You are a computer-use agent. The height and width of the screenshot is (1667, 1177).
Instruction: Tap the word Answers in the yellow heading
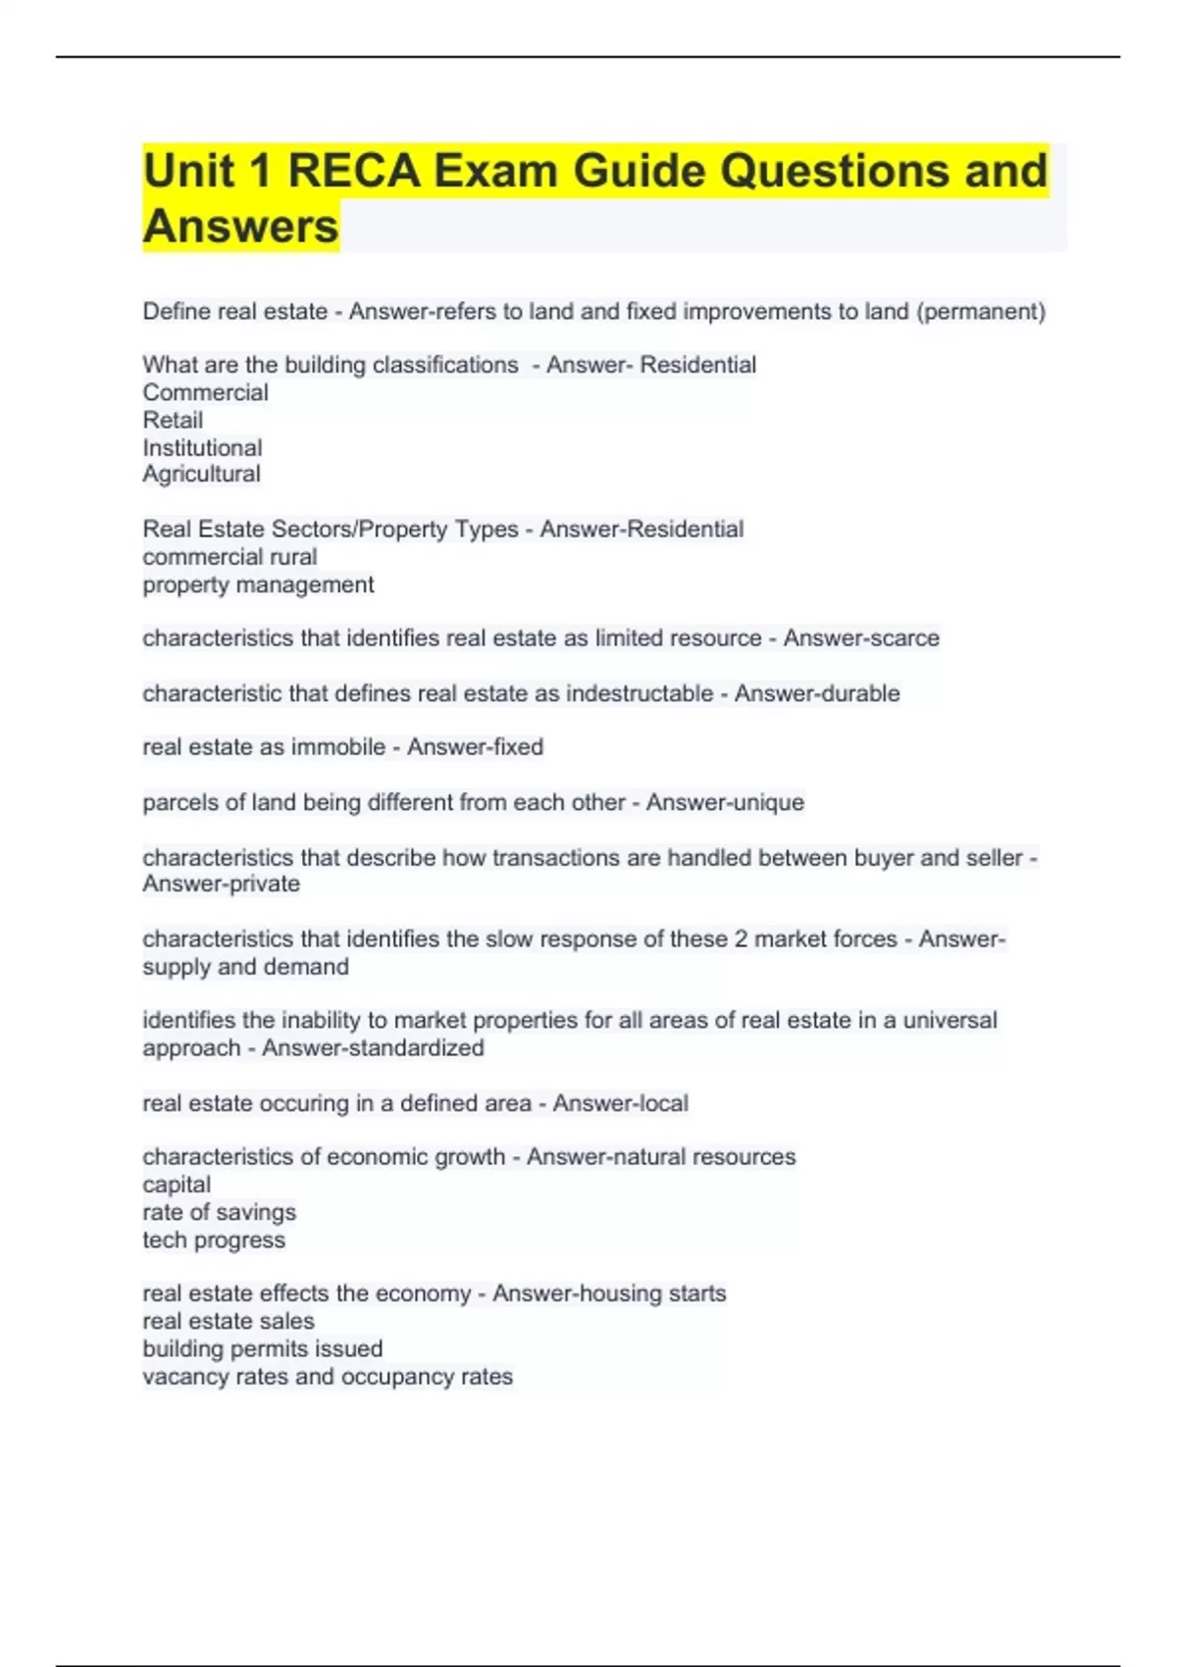(240, 227)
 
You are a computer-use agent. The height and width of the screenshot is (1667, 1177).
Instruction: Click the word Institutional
(202, 448)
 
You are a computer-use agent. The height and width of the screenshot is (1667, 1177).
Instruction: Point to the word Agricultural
(201, 475)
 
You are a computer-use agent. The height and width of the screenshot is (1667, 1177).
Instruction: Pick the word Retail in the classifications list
(173, 421)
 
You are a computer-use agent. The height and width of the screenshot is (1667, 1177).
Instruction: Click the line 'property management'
(258, 585)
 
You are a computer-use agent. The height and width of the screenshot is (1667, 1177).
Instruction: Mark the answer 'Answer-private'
(222, 884)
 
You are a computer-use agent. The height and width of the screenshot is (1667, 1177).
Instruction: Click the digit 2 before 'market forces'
(741, 939)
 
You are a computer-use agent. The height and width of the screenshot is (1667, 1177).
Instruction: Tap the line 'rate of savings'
(219, 1213)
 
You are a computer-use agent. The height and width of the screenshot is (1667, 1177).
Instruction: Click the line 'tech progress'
(214, 1240)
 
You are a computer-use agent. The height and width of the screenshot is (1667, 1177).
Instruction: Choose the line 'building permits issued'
(262, 1349)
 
